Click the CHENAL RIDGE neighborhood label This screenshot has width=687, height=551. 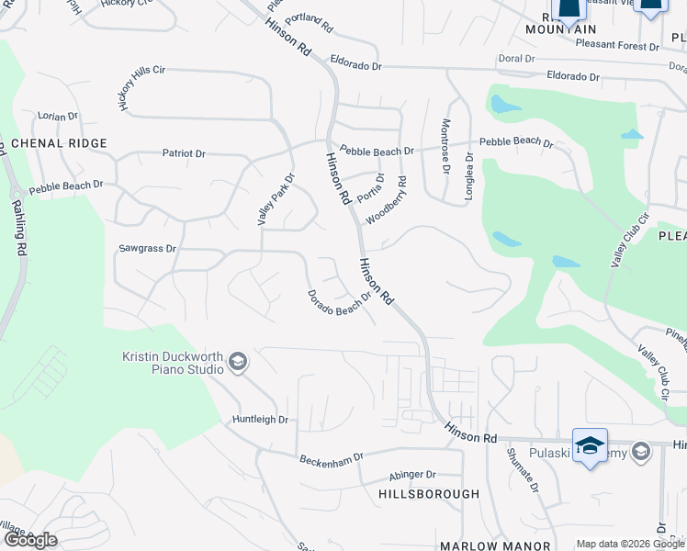(x=59, y=143)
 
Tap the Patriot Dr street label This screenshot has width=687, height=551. (x=184, y=153)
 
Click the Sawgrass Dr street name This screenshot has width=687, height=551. (x=147, y=249)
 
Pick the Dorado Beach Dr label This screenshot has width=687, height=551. (x=338, y=304)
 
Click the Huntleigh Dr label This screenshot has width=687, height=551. (x=260, y=420)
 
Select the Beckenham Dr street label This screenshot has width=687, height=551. (x=332, y=456)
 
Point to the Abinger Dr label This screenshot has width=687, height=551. (x=412, y=475)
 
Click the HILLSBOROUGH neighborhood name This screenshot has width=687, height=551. (x=429, y=494)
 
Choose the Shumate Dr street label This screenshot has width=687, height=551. (x=523, y=470)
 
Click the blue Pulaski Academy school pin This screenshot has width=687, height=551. (x=589, y=446)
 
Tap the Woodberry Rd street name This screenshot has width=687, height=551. (x=387, y=200)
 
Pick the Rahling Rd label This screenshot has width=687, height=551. (x=20, y=230)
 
